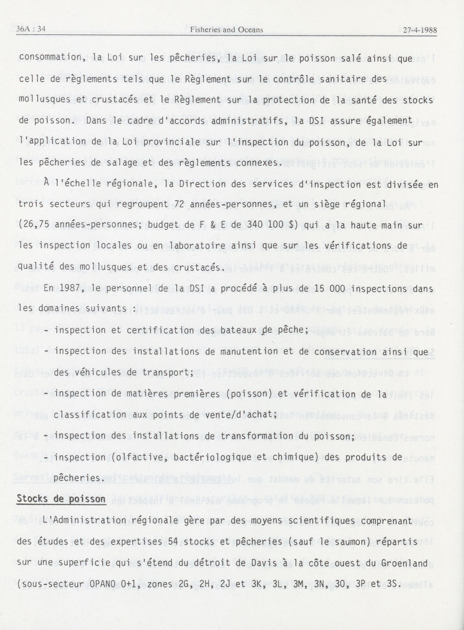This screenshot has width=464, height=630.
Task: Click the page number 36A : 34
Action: (x=31, y=29)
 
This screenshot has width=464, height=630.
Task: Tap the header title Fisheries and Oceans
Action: (x=226, y=30)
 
